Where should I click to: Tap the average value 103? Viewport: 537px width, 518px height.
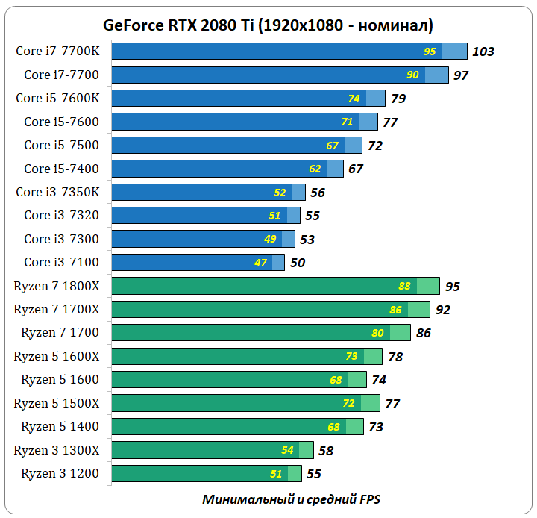click(483, 52)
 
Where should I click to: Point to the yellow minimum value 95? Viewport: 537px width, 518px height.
click(430, 52)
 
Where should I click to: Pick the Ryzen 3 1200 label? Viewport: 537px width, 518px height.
click(60, 473)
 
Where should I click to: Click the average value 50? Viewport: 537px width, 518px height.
click(298, 263)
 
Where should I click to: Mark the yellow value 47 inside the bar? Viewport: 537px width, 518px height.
click(261, 263)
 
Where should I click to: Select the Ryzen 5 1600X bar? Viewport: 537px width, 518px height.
click(247, 356)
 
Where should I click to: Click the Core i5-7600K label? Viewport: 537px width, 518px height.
click(63, 98)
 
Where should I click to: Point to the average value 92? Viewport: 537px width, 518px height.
click(443, 310)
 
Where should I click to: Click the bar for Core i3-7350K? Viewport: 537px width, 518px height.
click(209, 192)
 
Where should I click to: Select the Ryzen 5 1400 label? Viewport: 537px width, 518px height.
click(60, 426)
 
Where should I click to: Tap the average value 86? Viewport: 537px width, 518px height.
click(424, 333)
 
